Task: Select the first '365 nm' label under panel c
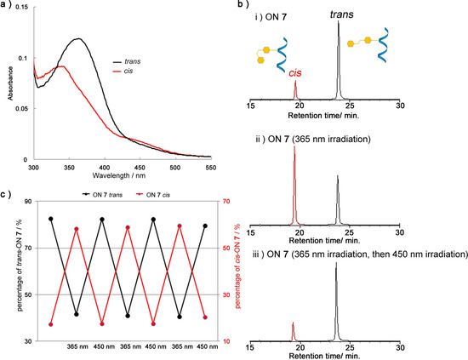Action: tap(77, 347)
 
